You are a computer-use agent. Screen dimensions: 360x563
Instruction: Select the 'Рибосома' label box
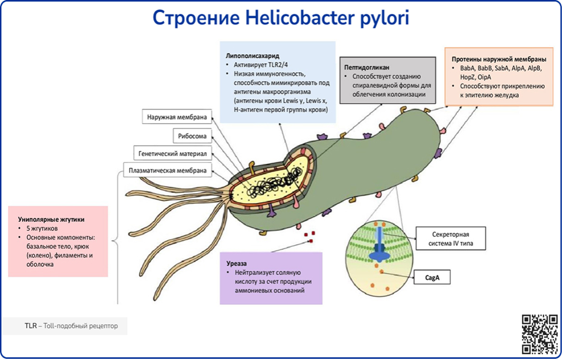tap(191, 136)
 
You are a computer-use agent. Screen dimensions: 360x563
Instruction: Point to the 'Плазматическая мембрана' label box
tap(167, 170)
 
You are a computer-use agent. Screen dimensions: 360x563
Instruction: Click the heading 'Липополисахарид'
tap(252, 56)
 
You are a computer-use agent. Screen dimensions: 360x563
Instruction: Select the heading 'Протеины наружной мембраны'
tap(499, 60)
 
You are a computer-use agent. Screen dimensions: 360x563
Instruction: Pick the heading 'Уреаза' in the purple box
tap(239, 261)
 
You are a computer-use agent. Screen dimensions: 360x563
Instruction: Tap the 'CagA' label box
tap(432, 278)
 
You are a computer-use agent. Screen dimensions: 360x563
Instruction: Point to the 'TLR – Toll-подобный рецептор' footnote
tap(71, 326)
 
